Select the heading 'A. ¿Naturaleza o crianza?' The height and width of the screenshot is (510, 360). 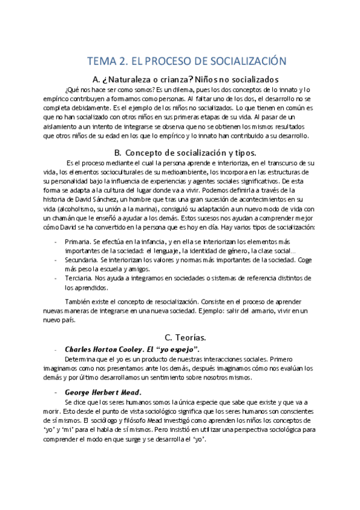click(x=138, y=80)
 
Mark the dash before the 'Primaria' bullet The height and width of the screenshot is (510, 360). click(x=56, y=241)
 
